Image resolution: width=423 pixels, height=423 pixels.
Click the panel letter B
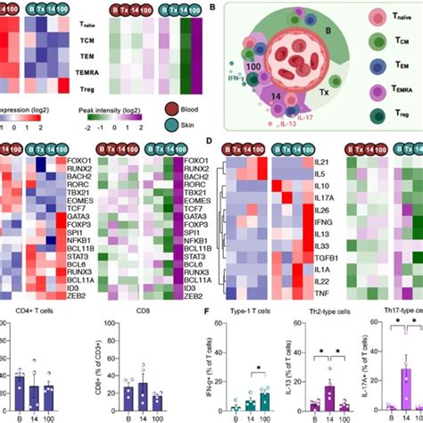tap(211, 7)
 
